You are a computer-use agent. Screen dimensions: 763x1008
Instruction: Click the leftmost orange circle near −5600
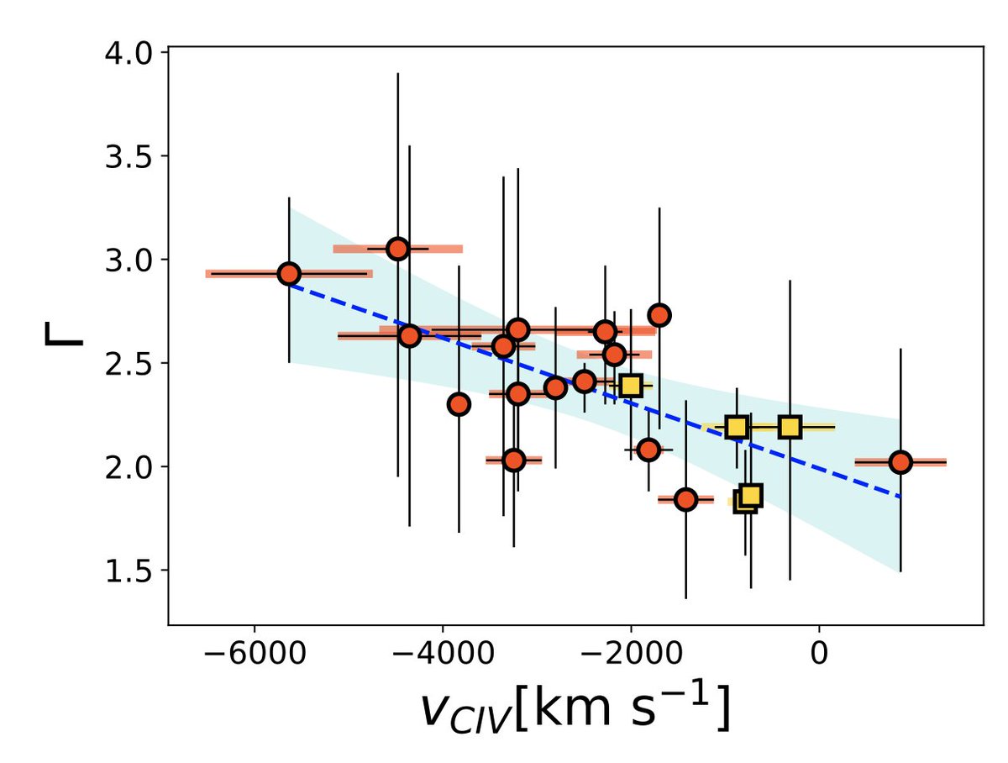coord(289,274)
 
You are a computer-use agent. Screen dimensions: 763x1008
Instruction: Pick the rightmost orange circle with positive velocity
coord(900,462)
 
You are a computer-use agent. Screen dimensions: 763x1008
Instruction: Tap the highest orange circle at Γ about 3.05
coord(398,249)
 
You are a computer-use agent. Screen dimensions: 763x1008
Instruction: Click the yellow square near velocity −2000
coord(631,386)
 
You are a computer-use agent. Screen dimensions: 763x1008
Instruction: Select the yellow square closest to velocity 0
coord(790,427)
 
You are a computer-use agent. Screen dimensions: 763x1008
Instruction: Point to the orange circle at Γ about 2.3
coord(459,404)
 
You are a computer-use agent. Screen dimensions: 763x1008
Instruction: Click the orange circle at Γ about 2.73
coord(659,315)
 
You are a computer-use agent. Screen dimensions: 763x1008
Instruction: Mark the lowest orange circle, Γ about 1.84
coord(686,499)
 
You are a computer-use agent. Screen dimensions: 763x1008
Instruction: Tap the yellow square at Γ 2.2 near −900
coord(737,428)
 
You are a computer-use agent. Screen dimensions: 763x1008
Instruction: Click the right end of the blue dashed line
coord(900,497)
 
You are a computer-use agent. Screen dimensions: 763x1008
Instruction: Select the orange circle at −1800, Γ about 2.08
coord(648,450)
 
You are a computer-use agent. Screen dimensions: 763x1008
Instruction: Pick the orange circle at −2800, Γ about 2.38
coord(555,387)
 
